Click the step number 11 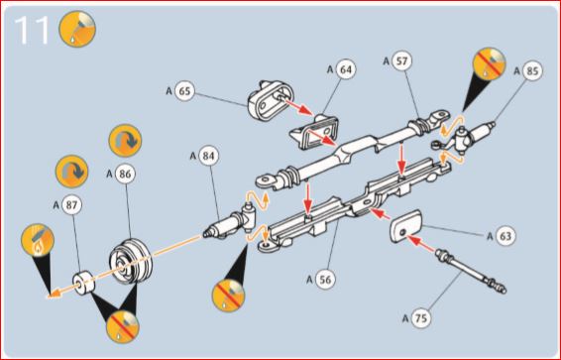coord(32,30)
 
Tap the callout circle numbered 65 coord(184,91)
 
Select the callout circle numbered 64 coord(346,69)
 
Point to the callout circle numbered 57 coord(401,61)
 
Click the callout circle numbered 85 coord(532,71)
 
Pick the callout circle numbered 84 coord(208,156)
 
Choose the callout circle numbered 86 coord(125,175)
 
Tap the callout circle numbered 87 coord(72,205)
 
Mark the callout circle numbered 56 coord(325,279)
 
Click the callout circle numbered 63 coord(505,236)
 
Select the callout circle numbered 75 coord(421,318)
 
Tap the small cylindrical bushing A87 coord(84,284)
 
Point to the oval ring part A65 coord(269,99)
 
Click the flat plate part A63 coord(405,226)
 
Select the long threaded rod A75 coord(470,272)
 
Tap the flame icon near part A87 coord(38,240)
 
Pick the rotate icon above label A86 coord(125,140)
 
